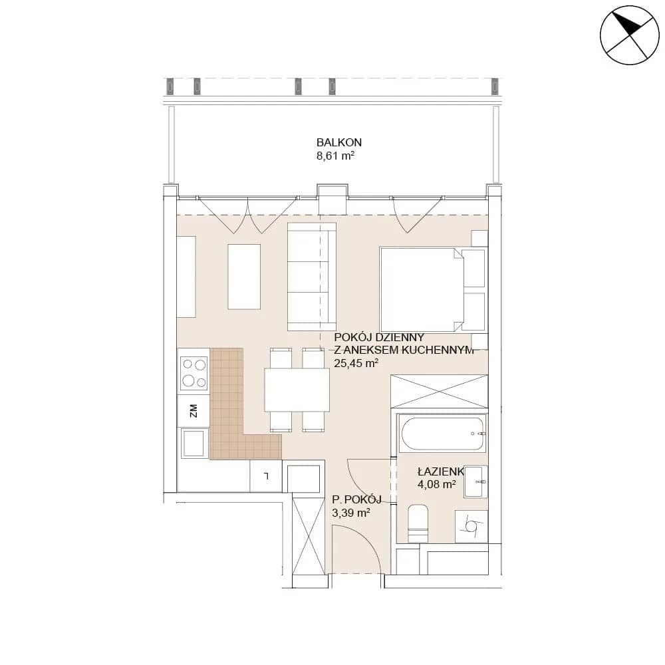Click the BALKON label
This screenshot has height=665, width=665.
339,142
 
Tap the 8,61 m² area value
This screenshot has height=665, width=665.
335,156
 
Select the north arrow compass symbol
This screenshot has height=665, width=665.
629,35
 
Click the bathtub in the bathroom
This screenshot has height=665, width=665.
442,434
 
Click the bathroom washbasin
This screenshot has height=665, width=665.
475,481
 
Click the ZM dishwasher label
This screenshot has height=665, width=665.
194,410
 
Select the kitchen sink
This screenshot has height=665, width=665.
194,443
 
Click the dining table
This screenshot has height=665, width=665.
297,390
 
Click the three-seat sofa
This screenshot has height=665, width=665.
312,277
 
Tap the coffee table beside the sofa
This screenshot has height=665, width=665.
244,277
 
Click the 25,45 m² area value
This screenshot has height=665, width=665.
356,364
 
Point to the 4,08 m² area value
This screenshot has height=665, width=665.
437,484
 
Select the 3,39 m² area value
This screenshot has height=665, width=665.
351,513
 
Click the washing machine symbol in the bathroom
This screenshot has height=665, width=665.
471,526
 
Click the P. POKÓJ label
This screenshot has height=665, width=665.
357,499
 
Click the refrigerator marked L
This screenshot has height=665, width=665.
266,476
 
